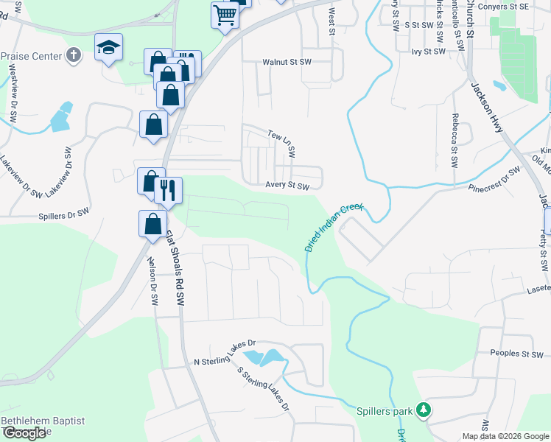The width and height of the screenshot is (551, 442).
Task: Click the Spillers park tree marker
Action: click(x=423, y=410)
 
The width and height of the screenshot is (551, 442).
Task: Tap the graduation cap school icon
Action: click(x=108, y=48)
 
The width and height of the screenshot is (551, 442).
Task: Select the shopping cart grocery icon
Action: click(x=225, y=14)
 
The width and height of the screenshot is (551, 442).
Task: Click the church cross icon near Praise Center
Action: click(x=73, y=55)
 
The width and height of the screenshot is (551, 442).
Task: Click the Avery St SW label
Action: click(x=287, y=186)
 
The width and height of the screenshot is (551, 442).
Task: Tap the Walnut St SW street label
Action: click(x=287, y=63)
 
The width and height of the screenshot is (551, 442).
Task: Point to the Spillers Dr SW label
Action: click(x=63, y=217)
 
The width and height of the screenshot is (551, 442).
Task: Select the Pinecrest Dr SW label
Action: click(x=494, y=180)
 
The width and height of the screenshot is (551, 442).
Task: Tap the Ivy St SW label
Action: click(x=429, y=52)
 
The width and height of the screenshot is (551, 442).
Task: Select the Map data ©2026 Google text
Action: click(x=505, y=436)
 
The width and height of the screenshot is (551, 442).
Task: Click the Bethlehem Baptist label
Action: click(x=43, y=421)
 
